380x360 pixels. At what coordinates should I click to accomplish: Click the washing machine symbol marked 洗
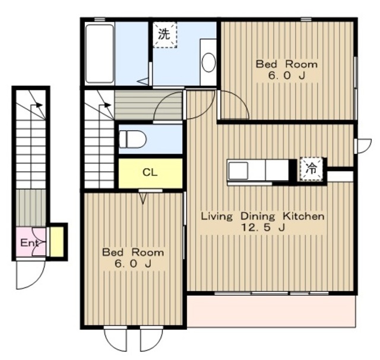(x=164, y=34)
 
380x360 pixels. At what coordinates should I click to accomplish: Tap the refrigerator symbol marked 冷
(x=311, y=169)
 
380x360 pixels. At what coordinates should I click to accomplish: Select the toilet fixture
(x=133, y=139)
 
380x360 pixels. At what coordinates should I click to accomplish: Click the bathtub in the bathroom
(x=100, y=53)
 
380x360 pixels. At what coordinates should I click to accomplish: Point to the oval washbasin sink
(x=208, y=62)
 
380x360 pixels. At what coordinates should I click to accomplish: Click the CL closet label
(x=150, y=172)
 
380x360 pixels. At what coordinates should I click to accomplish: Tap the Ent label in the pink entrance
(x=29, y=242)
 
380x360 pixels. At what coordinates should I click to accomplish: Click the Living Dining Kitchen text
(x=262, y=216)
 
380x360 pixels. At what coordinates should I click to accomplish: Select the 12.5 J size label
(x=262, y=228)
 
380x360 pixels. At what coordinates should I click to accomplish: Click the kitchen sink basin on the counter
(x=239, y=170)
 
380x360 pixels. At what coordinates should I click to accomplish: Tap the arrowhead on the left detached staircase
(x=39, y=105)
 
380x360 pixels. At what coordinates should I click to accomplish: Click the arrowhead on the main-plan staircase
(x=107, y=105)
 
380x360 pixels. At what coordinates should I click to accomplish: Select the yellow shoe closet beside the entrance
(x=57, y=241)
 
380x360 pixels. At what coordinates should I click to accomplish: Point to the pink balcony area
(x=272, y=311)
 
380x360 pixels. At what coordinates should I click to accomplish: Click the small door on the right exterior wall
(x=363, y=146)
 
